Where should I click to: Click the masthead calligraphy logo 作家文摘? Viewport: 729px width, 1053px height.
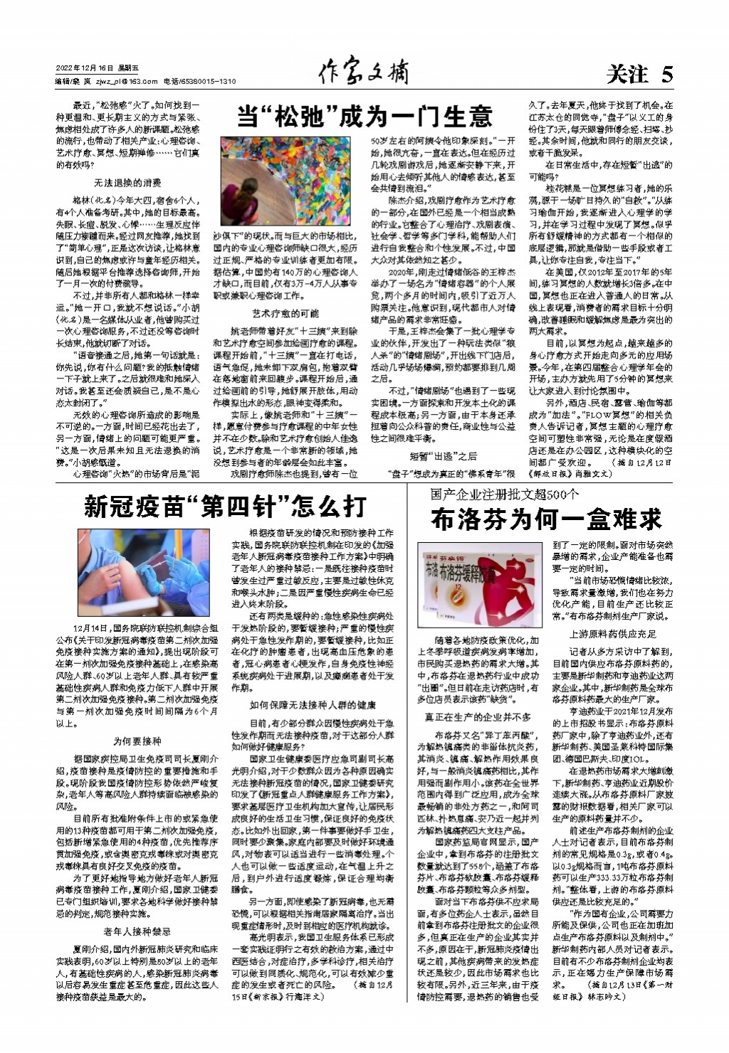[x=364, y=71]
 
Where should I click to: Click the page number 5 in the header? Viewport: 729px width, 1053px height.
[x=666, y=74]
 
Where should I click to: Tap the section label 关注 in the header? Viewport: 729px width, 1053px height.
[x=627, y=74]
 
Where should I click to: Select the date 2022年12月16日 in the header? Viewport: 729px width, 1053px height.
[x=85, y=68]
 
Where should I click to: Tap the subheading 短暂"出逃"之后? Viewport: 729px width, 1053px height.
[x=444, y=456]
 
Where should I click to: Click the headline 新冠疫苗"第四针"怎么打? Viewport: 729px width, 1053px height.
[x=225, y=507]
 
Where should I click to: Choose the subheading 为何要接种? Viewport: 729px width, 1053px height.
[x=137, y=741]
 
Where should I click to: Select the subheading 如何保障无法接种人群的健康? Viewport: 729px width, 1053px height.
[x=313, y=705]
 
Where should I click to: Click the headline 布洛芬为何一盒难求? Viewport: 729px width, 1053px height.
[x=546, y=519]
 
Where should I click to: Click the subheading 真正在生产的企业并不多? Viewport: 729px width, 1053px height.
[x=478, y=717]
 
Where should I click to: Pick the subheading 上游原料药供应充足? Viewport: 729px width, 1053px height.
[x=613, y=634]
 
